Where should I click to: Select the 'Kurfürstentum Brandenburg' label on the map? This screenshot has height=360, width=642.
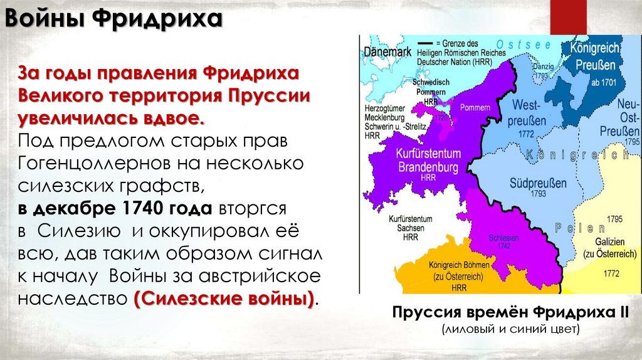[x=429, y=161]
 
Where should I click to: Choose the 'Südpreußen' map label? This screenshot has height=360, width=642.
[x=538, y=183]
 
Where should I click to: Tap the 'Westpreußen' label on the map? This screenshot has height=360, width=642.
[x=528, y=111]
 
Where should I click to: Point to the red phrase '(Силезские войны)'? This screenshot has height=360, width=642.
[x=224, y=298]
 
